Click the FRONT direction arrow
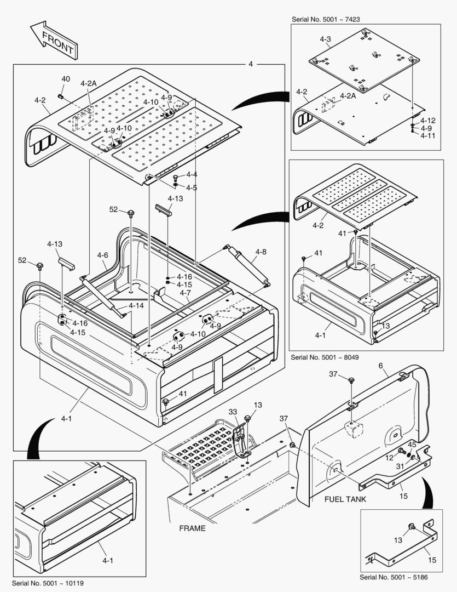tap(54, 41)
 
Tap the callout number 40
tap(66, 79)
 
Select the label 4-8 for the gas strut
tap(261, 252)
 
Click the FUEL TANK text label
tap(345, 499)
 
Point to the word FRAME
tap(192, 528)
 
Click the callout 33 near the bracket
tap(233, 412)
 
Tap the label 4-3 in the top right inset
tap(325, 39)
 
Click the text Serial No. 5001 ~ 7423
tap(326, 19)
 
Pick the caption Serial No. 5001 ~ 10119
tap(48, 583)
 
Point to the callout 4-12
tap(427, 121)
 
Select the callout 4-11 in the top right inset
tap(427, 135)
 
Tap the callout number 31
tap(400, 466)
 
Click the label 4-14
tap(137, 305)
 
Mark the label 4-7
tap(186, 293)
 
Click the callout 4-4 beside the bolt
tap(191, 175)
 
